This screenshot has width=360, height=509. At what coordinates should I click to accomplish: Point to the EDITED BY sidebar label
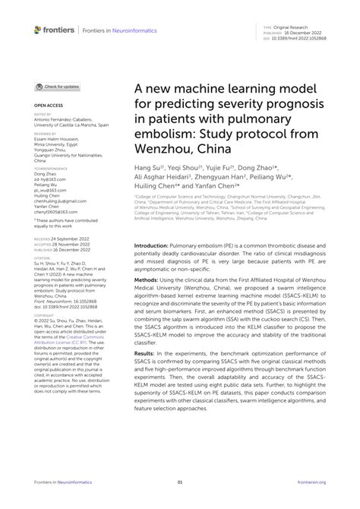pos(43,115)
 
